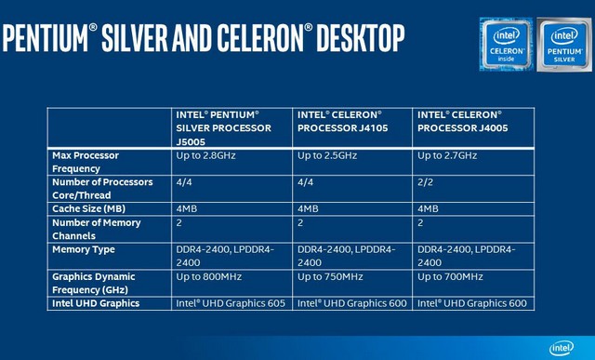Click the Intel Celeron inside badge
(x=507, y=44)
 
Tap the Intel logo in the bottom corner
(x=562, y=347)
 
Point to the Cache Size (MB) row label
(x=90, y=208)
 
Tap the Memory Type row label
(x=85, y=249)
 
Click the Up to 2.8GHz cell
(x=206, y=156)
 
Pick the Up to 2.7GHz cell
(x=447, y=156)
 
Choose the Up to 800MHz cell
(x=209, y=276)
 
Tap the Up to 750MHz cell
(x=330, y=276)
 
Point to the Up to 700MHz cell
(x=451, y=276)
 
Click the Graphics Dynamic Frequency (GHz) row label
(x=94, y=283)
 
